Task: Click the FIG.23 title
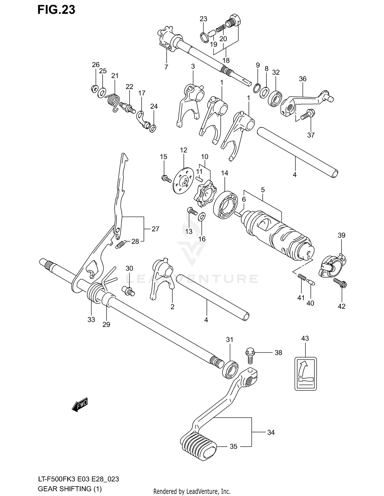pos(56,10)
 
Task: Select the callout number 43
pos(305,338)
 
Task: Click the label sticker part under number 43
pos(305,374)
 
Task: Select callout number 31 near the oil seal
pos(230,340)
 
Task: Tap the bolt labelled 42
pos(340,283)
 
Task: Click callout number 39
pos(342,235)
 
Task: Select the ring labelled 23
pos(204,38)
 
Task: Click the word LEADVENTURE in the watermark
pos(192,279)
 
